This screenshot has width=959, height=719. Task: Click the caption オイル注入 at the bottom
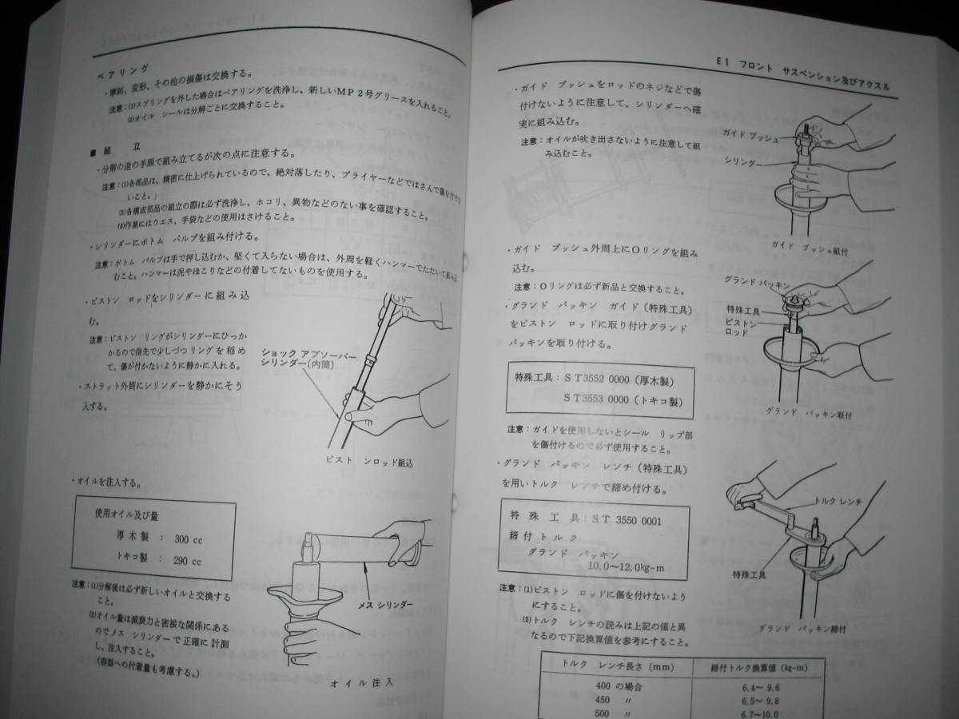[x=360, y=683]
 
